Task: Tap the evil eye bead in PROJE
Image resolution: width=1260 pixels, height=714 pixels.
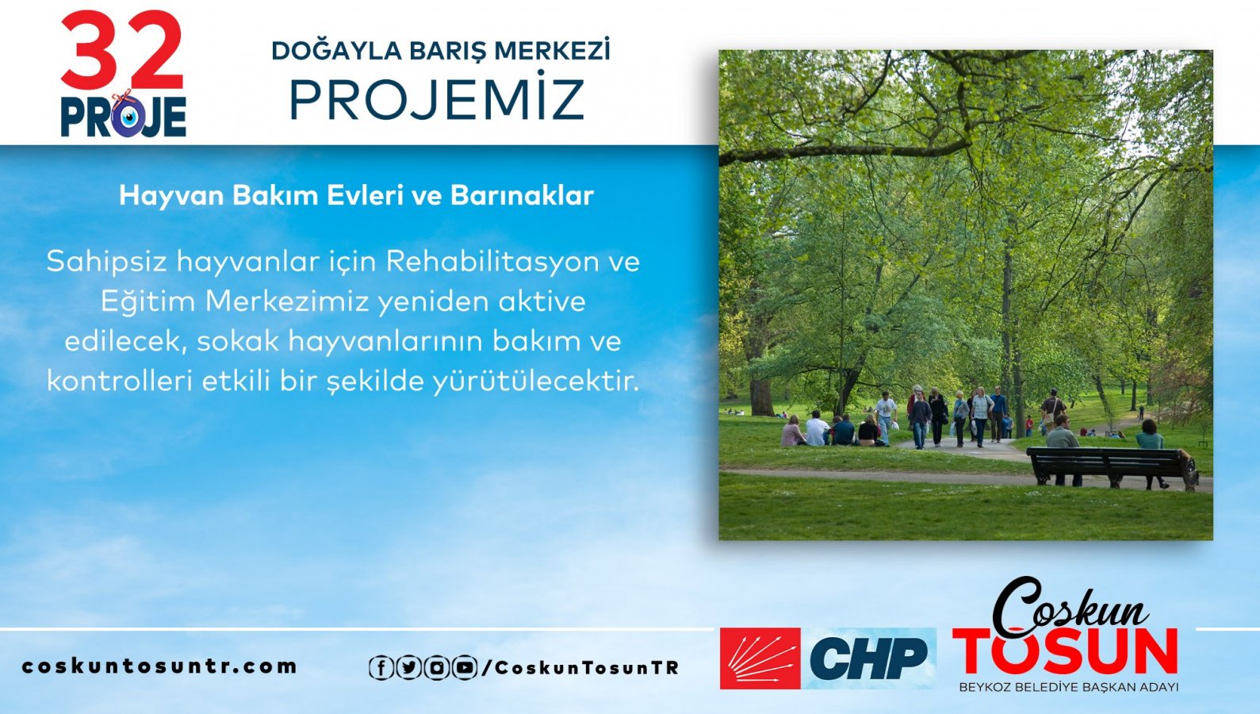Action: [x=128, y=117]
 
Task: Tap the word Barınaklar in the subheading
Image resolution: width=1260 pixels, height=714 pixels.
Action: [x=522, y=195]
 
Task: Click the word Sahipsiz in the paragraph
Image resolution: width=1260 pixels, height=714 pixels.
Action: [x=107, y=262]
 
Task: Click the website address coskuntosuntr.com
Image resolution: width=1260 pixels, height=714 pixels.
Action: [x=159, y=666]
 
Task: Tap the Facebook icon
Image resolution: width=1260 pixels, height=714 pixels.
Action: [x=381, y=668]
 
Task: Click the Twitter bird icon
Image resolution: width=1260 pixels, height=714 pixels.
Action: [x=408, y=668]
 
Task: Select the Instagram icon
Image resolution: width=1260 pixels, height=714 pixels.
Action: [x=436, y=668]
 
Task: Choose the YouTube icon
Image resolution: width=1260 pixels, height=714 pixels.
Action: [x=465, y=668]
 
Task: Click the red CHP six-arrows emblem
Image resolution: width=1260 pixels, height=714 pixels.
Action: [x=760, y=658]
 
